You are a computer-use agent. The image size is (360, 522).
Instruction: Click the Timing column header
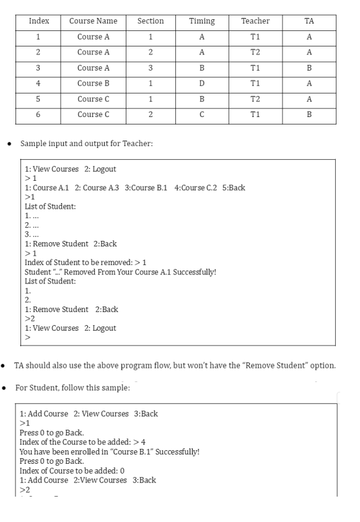(x=202, y=21)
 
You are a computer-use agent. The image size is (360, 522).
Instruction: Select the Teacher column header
(x=255, y=21)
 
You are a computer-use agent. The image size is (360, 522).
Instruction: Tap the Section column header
(x=150, y=21)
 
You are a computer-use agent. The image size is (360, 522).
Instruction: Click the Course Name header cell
(x=93, y=21)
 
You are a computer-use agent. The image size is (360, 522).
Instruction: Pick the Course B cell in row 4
(x=93, y=83)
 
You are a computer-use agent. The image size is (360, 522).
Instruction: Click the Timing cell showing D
(x=202, y=83)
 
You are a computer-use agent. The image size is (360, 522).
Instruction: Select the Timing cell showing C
(x=202, y=114)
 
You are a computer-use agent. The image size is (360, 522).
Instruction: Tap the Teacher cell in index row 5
(x=255, y=98)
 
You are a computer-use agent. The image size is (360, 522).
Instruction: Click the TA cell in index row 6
(x=309, y=114)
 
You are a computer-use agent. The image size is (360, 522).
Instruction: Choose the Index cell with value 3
(x=38, y=67)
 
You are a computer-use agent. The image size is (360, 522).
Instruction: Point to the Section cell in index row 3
(x=150, y=67)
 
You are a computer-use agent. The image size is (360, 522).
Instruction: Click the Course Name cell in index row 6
(x=93, y=114)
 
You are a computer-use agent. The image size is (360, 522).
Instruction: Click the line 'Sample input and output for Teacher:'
(x=82, y=143)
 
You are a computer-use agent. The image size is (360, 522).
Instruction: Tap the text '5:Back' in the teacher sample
(x=233, y=188)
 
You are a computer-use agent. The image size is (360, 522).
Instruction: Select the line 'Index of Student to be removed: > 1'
(x=86, y=263)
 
